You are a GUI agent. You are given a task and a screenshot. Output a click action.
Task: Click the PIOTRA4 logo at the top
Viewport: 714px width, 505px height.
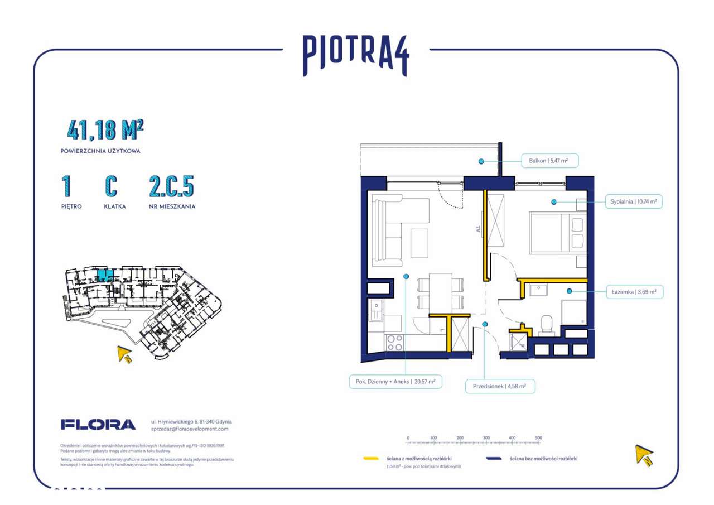point(356,55)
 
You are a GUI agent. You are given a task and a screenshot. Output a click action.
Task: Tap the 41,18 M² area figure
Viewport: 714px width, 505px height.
point(105,130)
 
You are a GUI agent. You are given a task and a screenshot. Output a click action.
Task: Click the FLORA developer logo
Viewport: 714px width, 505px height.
point(98,425)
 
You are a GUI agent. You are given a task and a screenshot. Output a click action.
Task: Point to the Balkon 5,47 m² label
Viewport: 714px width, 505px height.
point(548,161)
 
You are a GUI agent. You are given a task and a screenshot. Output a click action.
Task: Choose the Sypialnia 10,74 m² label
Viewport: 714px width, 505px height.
point(634,201)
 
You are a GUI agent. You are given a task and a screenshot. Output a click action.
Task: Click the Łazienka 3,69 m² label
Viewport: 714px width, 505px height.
point(635,291)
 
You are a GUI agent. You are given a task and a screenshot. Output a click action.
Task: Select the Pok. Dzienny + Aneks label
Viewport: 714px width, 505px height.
point(395,382)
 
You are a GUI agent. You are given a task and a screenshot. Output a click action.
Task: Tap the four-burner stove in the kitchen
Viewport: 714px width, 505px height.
point(395,342)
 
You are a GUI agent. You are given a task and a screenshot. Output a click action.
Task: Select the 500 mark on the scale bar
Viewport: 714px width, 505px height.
point(538,439)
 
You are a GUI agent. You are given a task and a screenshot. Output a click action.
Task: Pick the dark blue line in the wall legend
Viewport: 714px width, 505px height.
point(494,459)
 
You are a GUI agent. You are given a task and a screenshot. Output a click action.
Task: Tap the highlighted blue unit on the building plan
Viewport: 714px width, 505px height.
point(104,275)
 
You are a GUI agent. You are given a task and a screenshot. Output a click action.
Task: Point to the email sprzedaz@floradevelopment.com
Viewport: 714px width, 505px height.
point(190,429)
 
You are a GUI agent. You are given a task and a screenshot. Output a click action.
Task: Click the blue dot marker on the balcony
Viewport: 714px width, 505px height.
point(481,161)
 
